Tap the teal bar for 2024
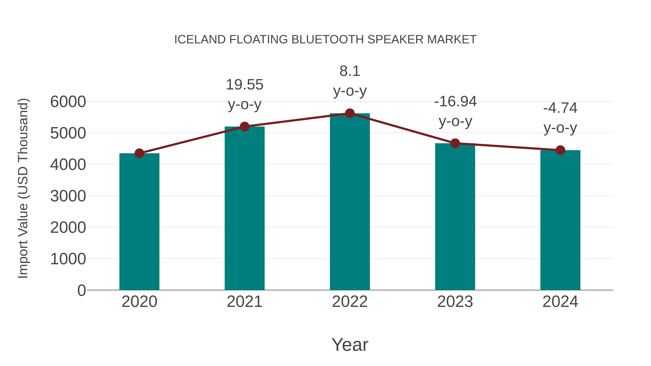(x=560, y=220)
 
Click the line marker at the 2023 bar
(x=455, y=143)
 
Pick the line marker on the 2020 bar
(x=139, y=153)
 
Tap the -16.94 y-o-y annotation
(x=455, y=111)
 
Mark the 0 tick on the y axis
(x=81, y=290)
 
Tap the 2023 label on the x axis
(x=455, y=302)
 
